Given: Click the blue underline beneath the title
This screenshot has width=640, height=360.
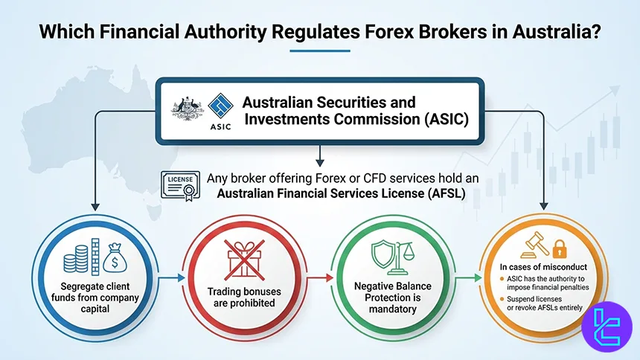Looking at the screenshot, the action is pyautogui.click(x=320, y=51).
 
